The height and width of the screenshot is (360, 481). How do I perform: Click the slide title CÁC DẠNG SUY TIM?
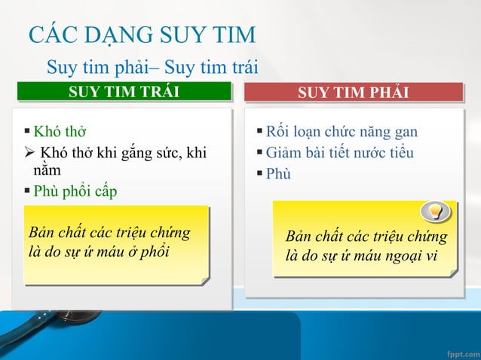[x=142, y=35]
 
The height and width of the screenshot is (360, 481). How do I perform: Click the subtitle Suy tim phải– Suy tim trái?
[x=152, y=68]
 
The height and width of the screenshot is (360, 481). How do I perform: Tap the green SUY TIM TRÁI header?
[x=124, y=92]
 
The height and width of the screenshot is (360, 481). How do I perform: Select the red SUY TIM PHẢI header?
[x=353, y=92]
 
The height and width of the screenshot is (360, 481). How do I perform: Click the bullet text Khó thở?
[x=60, y=133]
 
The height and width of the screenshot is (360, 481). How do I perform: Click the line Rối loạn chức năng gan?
[x=342, y=133]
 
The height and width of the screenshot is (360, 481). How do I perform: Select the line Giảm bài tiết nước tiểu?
[x=339, y=153]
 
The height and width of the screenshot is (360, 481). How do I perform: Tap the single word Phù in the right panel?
[x=278, y=174]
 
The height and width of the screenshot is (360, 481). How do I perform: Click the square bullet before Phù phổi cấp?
[x=27, y=189]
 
